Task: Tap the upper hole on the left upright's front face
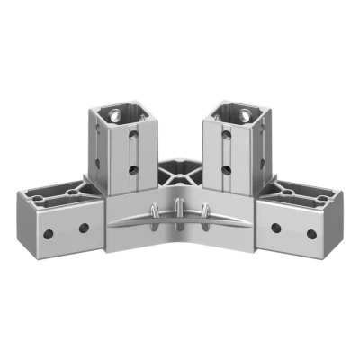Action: point(133,137)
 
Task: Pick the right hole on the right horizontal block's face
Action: point(311,234)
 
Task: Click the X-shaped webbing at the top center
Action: point(180,169)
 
